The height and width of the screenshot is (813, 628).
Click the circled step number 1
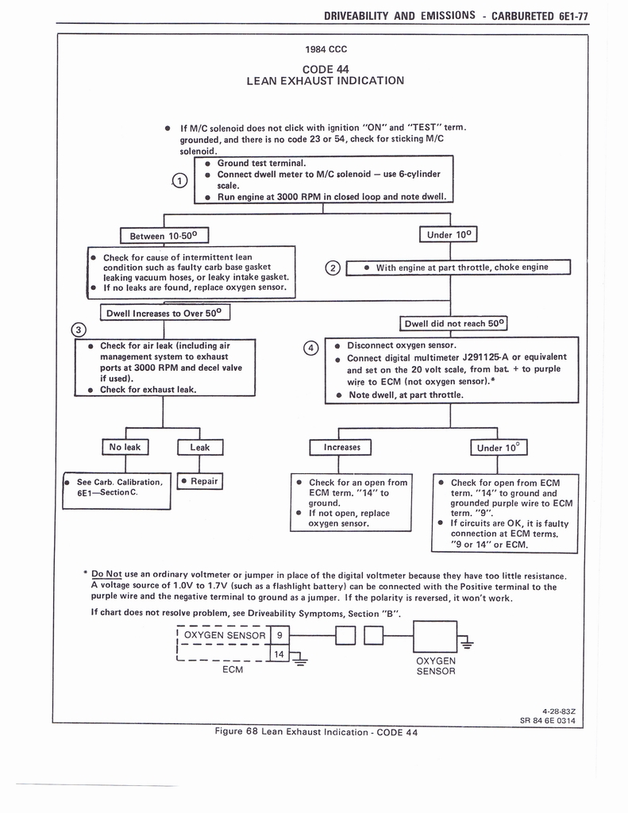coord(180,181)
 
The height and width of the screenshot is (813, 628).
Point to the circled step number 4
coord(312,348)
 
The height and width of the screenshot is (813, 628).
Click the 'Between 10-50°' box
coord(164,236)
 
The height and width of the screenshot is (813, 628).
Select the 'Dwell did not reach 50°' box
coord(453,324)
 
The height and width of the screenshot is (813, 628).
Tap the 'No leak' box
coord(124,447)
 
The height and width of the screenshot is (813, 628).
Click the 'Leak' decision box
coord(200,447)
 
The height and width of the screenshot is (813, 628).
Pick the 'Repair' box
coord(200,481)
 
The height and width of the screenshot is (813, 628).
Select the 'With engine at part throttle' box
coord(460,268)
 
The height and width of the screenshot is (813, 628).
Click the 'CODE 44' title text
coord(326,67)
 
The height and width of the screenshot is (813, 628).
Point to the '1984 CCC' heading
coord(326,49)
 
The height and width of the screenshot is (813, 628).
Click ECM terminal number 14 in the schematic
coord(279,653)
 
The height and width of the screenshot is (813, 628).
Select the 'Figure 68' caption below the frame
coord(316,732)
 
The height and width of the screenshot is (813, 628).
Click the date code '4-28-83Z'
coord(559,711)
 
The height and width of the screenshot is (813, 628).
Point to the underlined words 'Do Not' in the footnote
coord(106,575)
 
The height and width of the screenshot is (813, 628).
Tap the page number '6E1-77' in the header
coord(567,15)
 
